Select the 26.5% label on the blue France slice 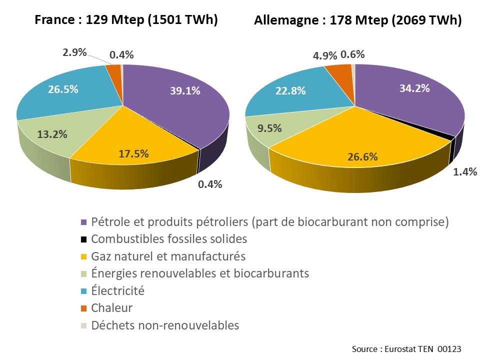(62, 90)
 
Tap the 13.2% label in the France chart (53, 134)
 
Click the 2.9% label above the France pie (74, 52)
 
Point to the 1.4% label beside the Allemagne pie (465, 172)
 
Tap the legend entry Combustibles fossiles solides (169, 239)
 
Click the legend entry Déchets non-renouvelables (165, 325)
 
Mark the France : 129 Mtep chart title (126, 20)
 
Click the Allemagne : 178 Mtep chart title (357, 20)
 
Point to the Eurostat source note (406, 348)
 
